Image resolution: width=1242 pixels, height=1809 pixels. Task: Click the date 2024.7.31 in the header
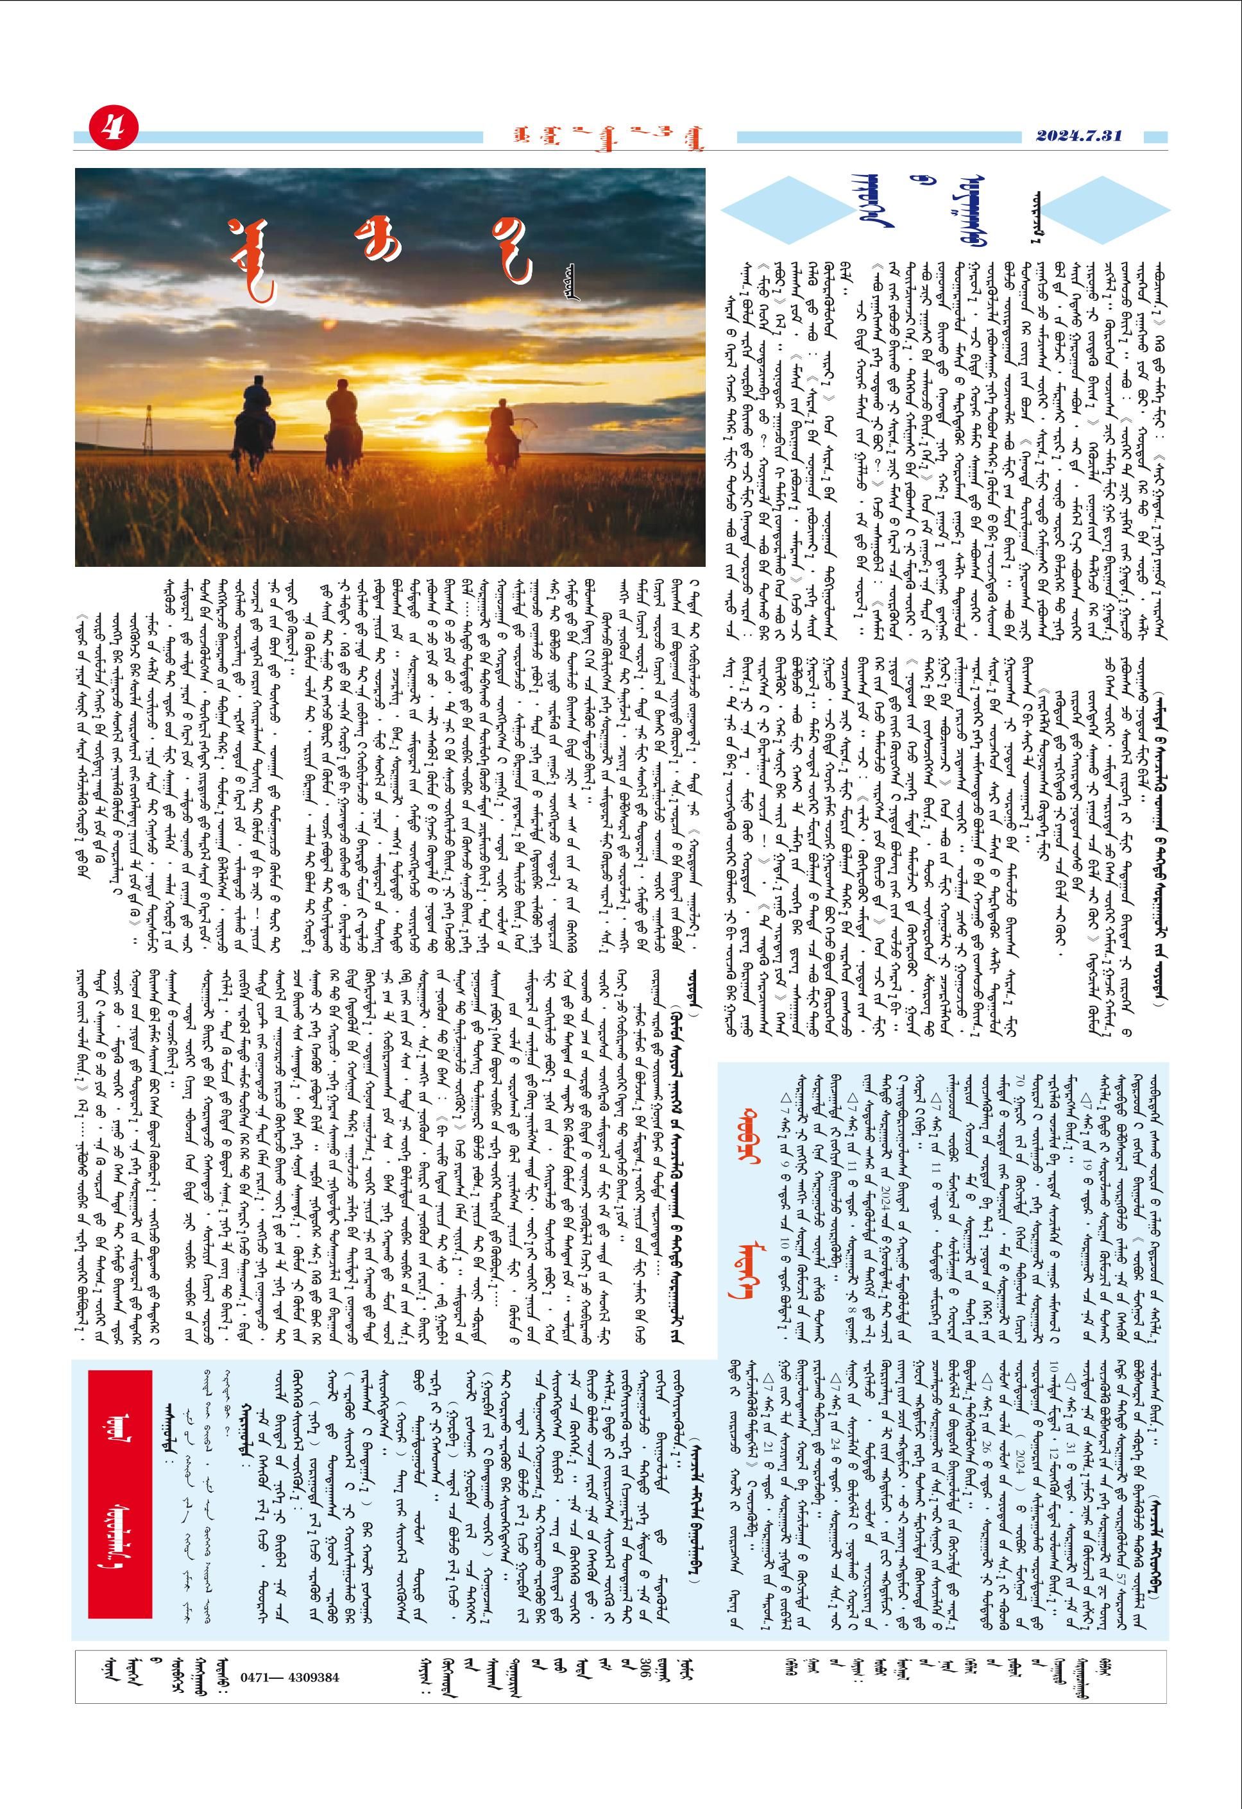click(1078, 135)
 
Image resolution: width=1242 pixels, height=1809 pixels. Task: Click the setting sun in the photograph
click(450, 427)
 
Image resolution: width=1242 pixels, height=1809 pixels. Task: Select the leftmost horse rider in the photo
click(255, 425)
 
